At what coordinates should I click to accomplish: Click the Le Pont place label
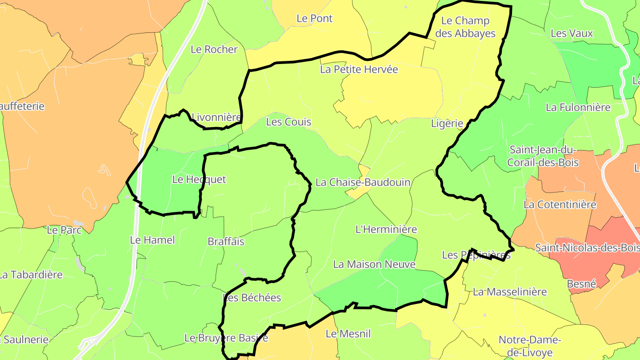click(315, 19)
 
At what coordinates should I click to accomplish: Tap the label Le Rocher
click(214, 49)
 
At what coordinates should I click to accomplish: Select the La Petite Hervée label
click(359, 69)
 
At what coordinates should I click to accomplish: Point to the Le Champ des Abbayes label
click(465, 27)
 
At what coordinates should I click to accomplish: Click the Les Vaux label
click(572, 33)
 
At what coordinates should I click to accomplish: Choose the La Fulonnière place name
click(578, 108)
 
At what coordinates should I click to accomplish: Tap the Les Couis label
click(288, 122)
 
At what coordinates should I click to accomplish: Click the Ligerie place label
click(447, 124)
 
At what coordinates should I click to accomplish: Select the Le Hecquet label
click(199, 180)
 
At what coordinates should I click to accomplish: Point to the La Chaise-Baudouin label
click(363, 182)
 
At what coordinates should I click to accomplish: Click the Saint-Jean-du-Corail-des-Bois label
click(543, 156)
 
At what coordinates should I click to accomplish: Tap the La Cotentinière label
click(560, 205)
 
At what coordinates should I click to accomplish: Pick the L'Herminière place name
click(387, 229)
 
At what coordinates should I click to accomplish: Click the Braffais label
click(226, 242)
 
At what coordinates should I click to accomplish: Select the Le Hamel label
click(152, 240)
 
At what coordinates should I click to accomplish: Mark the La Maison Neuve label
click(374, 264)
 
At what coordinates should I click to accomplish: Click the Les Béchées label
click(252, 298)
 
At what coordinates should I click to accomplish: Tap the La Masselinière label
click(510, 292)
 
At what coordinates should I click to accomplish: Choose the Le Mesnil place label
click(348, 334)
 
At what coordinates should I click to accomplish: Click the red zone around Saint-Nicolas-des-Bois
click(591, 262)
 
